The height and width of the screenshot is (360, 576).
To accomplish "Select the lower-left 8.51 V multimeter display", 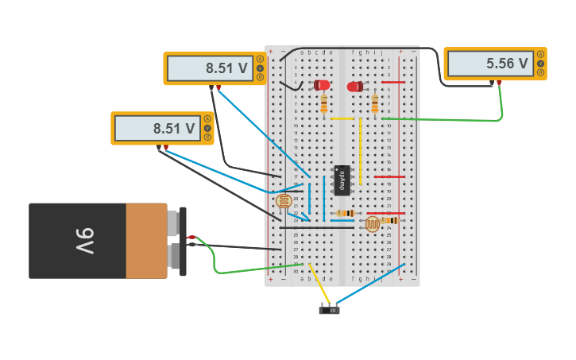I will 174,128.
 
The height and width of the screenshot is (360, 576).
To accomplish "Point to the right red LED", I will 354,87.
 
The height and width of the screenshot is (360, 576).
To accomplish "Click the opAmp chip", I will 342,180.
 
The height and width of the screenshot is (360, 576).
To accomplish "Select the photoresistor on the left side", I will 284,201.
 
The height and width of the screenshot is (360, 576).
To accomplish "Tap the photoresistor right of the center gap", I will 372,223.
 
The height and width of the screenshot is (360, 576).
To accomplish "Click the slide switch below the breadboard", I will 329,309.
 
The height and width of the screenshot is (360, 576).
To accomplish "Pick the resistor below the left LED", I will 323,104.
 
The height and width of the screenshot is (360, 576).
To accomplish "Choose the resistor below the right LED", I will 374,104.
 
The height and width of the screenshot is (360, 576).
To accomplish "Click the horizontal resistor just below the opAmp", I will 344,213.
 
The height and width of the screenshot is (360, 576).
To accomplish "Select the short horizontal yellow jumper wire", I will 342,118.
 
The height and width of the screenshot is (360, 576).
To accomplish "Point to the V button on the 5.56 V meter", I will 540,64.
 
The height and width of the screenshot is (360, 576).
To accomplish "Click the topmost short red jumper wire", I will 392,82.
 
